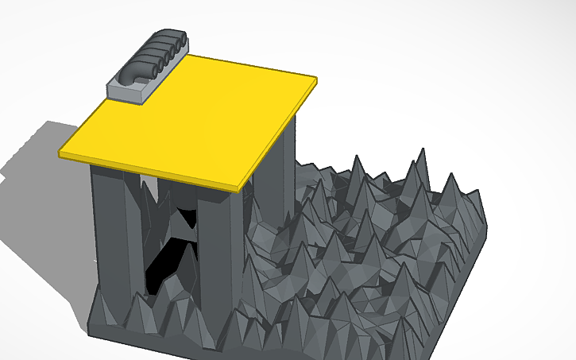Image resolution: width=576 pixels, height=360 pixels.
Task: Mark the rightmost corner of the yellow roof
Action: (x=316, y=79)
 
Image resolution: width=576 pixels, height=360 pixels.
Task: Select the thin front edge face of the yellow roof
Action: (x=151, y=171)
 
